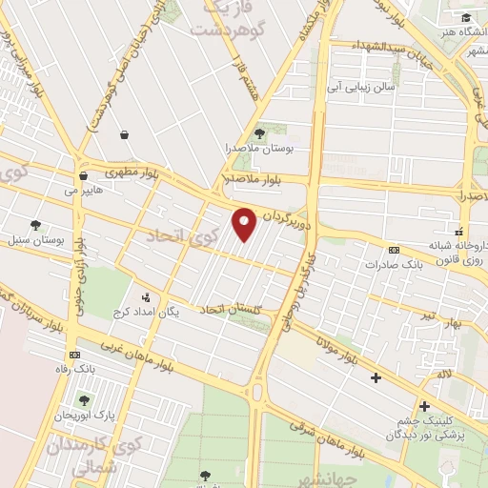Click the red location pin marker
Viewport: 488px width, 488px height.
[245, 225]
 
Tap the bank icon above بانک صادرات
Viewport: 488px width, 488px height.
[393, 251]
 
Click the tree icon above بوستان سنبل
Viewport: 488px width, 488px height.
[35, 226]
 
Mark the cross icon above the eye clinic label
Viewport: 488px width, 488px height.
[423, 406]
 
